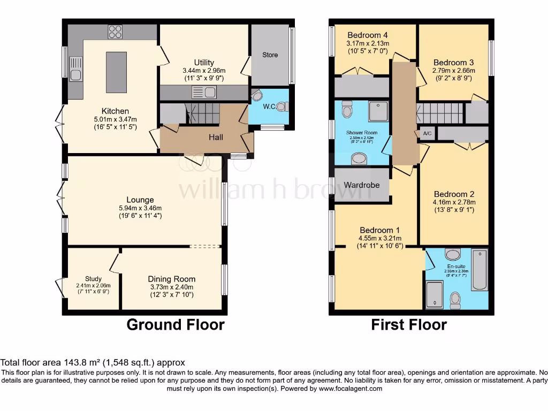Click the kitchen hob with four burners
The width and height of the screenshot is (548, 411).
point(115,32)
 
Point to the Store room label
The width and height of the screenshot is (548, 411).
point(270,55)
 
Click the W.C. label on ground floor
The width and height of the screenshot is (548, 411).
point(269,106)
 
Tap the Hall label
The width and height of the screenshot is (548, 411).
point(215,138)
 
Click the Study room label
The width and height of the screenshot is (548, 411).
point(93,279)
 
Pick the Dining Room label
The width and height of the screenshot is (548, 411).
point(172,279)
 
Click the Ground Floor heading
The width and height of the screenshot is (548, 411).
point(175,324)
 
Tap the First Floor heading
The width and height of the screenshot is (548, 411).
point(409,324)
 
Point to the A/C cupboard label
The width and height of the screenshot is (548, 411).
point(427,133)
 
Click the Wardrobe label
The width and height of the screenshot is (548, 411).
point(362,185)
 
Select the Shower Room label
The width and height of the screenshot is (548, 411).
point(362,133)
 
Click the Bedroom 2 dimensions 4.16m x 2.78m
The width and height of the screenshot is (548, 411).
point(454,202)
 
